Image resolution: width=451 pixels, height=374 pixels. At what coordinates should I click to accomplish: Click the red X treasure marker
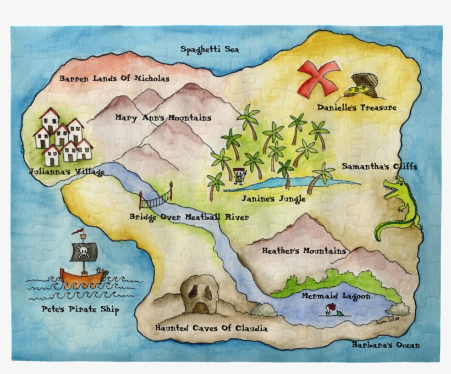click(x=318, y=77)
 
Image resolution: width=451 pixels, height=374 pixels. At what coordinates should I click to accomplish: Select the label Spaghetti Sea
click(x=210, y=49)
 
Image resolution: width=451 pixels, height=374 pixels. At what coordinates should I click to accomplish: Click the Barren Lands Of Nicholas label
click(x=114, y=79)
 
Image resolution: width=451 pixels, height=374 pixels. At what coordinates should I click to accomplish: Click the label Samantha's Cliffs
click(x=379, y=166)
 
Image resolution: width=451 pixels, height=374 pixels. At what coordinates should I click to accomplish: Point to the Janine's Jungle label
click(x=269, y=199)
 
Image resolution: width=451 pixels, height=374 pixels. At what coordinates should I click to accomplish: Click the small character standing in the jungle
click(x=239, y=175)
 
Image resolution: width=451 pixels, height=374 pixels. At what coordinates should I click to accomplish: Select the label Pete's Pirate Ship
click(x=80, y=310)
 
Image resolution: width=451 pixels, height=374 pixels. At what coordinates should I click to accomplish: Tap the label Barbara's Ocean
click(x=386, y=345)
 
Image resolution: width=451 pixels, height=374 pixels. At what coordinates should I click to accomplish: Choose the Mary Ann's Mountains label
click(x=163, y=118)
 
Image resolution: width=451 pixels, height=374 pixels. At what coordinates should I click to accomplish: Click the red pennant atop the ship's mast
click(x=80, y=231)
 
